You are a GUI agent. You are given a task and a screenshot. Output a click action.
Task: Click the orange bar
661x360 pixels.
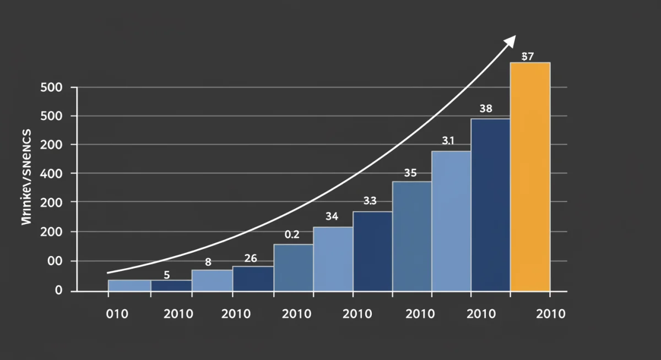click(x=530, y=176)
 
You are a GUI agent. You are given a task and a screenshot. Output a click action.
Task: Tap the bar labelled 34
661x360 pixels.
click(x=333, y=259)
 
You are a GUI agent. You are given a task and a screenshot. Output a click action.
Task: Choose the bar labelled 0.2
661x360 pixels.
click(x=293, y=268)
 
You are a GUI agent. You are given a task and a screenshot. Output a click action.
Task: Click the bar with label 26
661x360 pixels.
click(x=253, y=279)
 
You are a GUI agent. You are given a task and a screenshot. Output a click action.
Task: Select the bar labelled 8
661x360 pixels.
click(x=212, y=280)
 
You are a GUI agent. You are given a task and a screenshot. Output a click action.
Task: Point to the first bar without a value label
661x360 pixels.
click(x=129, y=285)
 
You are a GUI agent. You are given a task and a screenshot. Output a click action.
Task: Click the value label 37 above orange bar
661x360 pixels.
click(x=527, y=57)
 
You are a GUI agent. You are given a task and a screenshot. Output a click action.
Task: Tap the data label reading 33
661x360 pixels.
click(x=370, y=201)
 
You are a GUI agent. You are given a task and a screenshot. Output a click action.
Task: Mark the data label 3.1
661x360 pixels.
click(x=448, y=141)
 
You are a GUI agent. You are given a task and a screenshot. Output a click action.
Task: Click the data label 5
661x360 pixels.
click(x=167, y=275)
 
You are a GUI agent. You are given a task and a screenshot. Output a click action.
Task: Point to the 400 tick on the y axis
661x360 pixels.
click(x=51, y=173)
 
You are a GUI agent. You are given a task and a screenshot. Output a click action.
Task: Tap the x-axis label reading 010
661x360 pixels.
click(x=116, y=314)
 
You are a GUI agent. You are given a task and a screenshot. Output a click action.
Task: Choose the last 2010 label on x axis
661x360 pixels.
click(x=550, y=314)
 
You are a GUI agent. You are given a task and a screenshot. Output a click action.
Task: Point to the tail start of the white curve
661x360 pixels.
click(x=109, y=272)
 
